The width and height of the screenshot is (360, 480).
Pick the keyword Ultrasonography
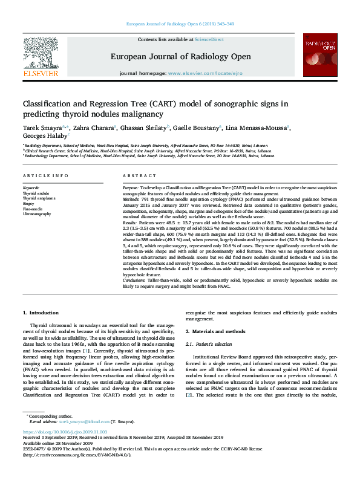38,214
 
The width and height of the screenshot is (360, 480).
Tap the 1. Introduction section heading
41,313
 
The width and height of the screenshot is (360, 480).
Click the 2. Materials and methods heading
215,331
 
